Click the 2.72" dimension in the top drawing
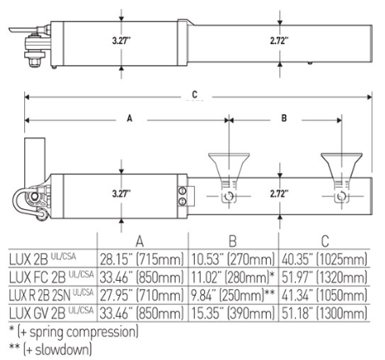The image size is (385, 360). point(281,39)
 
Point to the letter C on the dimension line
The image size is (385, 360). point(196,95)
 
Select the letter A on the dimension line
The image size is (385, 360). point(129,119)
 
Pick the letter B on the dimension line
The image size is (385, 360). point(283,119)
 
